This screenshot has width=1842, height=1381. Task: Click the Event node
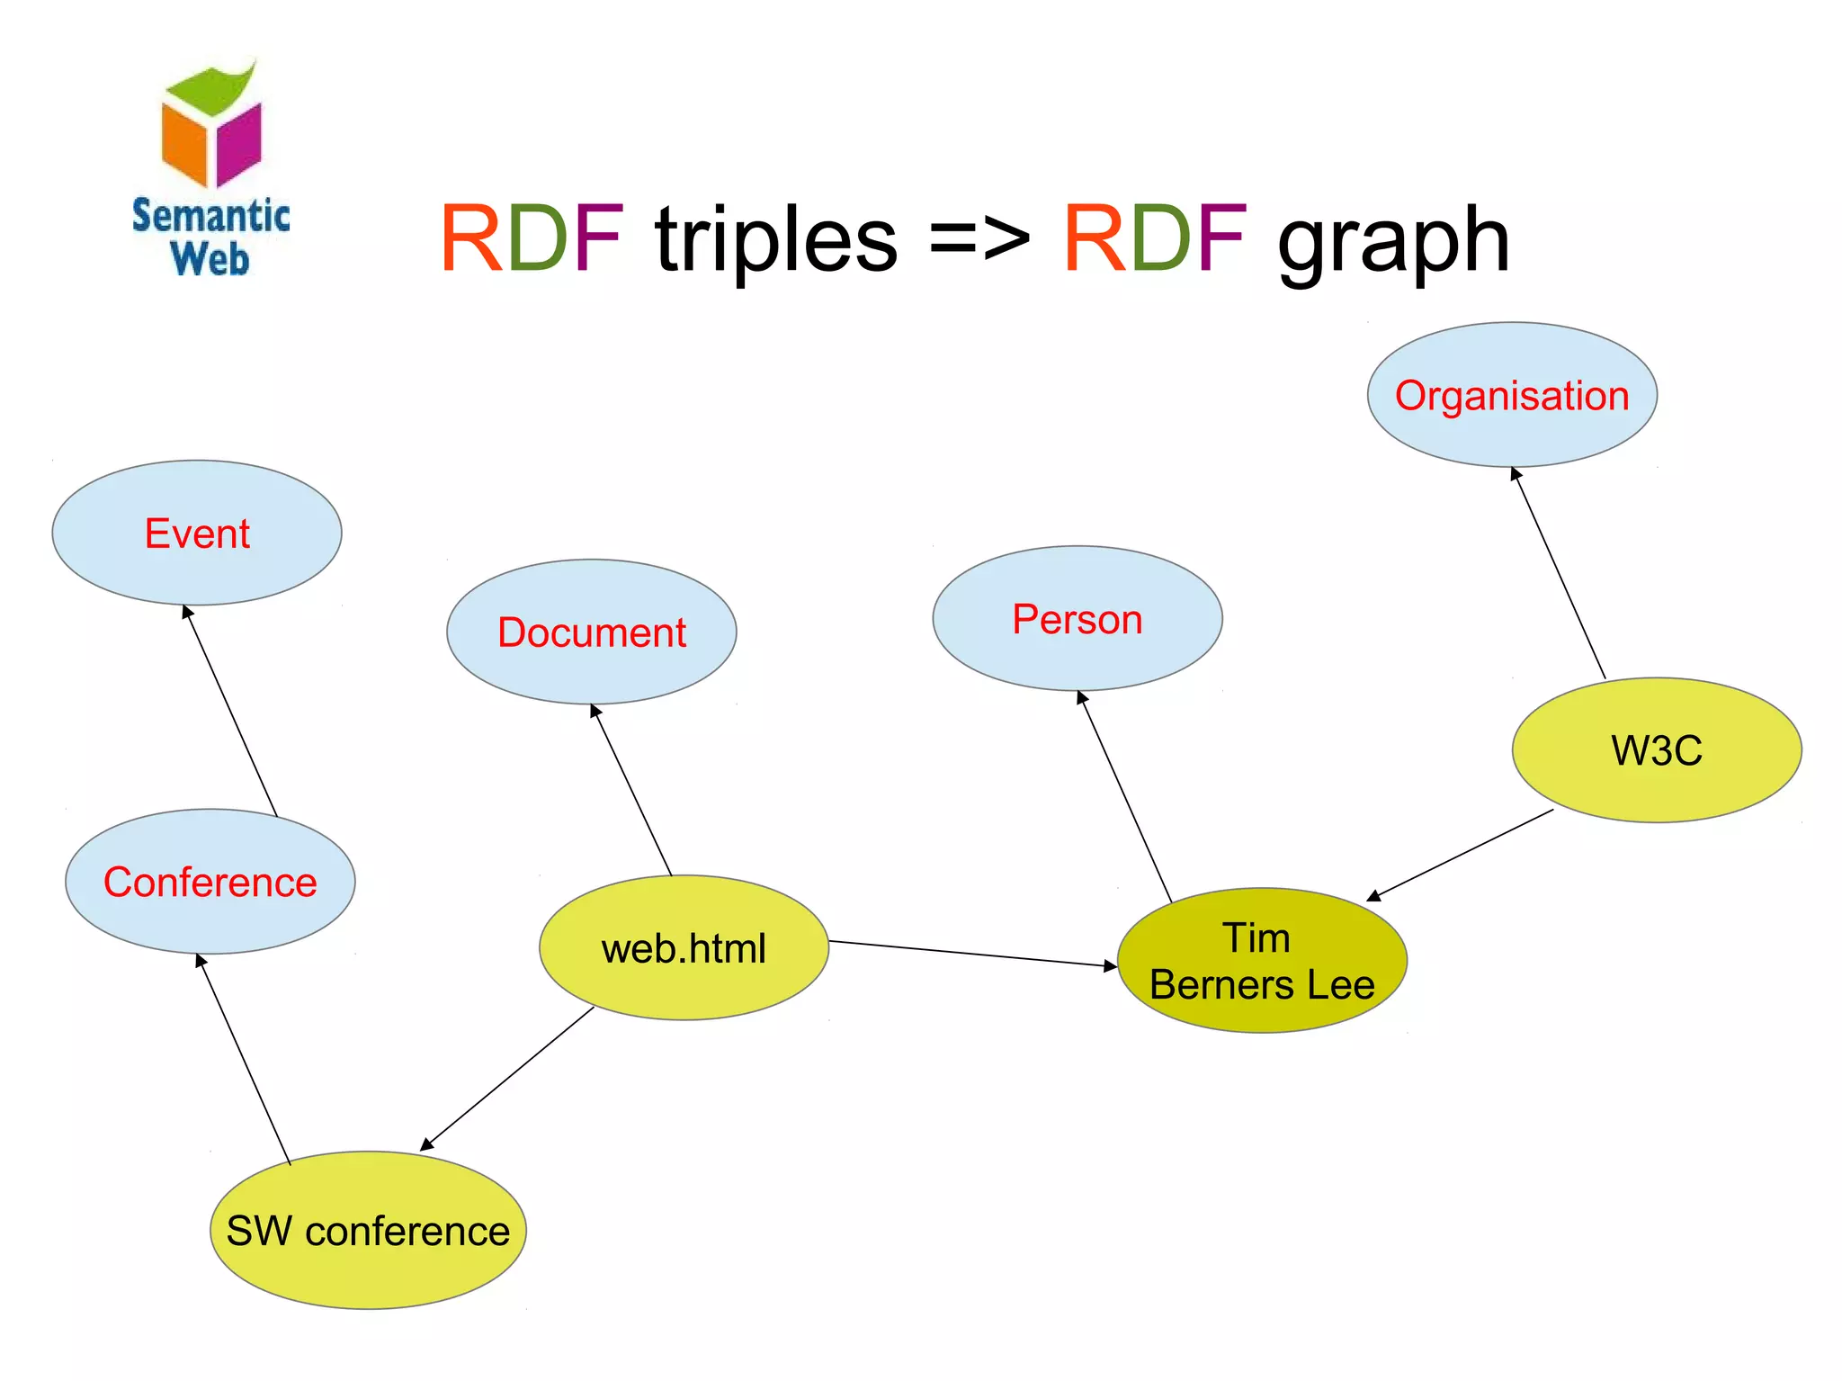pyautogui.click(x=197, y=534)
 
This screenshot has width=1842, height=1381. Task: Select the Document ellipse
pyautogui.click(x=591, y=632)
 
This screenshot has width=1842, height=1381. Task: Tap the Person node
pyautogui.click(x=1077, y=619)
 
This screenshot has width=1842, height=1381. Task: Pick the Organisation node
pyautogui.click(x=1511, y=395)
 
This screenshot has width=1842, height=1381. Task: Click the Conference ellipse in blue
pyautogui.click(x=210, y=882)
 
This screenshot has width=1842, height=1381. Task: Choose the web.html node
pyautogui.click(x=684, y=948)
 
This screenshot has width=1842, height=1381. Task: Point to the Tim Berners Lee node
pyautogui.click(x=1261, y=961)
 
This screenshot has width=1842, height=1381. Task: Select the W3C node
pyautogui.click(x=1656, y=750)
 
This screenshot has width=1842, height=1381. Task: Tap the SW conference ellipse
pyautogui.click(x=368, y=1230)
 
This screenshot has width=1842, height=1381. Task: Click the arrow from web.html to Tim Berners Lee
pyautogui.click(x=971, y=954)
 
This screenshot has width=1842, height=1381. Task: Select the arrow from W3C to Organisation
pyautogui.click(x=1559, y=573)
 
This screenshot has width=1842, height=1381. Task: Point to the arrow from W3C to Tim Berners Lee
pyautogui.click(x=1461, y=855)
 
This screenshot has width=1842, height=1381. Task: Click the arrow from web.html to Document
pyautogui.click(x=631, y=790)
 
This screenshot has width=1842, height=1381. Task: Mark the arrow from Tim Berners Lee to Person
pyautogui.click(x=1125, y=797)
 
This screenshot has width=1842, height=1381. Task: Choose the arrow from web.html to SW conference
pyautogui.click(x=507, y=1078)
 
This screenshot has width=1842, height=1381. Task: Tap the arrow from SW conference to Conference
pyautogui.click(x=244, y=1060)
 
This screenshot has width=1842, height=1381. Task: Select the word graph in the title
pyautogui.click(x=1393, y=241)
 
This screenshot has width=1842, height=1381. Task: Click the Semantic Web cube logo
pyautogui.click(x=211, y=126)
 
